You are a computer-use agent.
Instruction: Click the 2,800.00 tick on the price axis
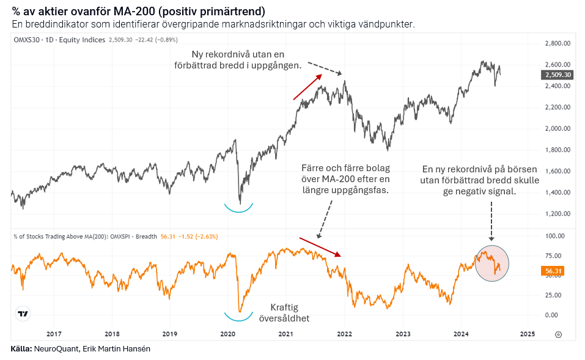click(557, 43)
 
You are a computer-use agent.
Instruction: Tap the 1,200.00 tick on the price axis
click(557, 214)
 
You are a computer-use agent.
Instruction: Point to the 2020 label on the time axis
click(227, 334)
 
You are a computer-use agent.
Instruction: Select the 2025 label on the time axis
click(527, 334)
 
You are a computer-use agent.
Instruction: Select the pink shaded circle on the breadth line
click(491, 263)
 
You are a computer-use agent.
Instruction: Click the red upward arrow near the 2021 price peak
click(307, 86)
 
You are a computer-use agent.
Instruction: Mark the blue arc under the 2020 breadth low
click(238, 317)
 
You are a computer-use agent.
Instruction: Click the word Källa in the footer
click(22, 349)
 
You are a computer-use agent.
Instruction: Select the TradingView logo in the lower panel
click(23, 314)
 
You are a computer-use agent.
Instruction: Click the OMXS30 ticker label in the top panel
click(27, 40)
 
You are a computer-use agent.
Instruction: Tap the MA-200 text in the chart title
click(131, 11)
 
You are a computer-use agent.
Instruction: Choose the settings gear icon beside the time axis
click(558, 334)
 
